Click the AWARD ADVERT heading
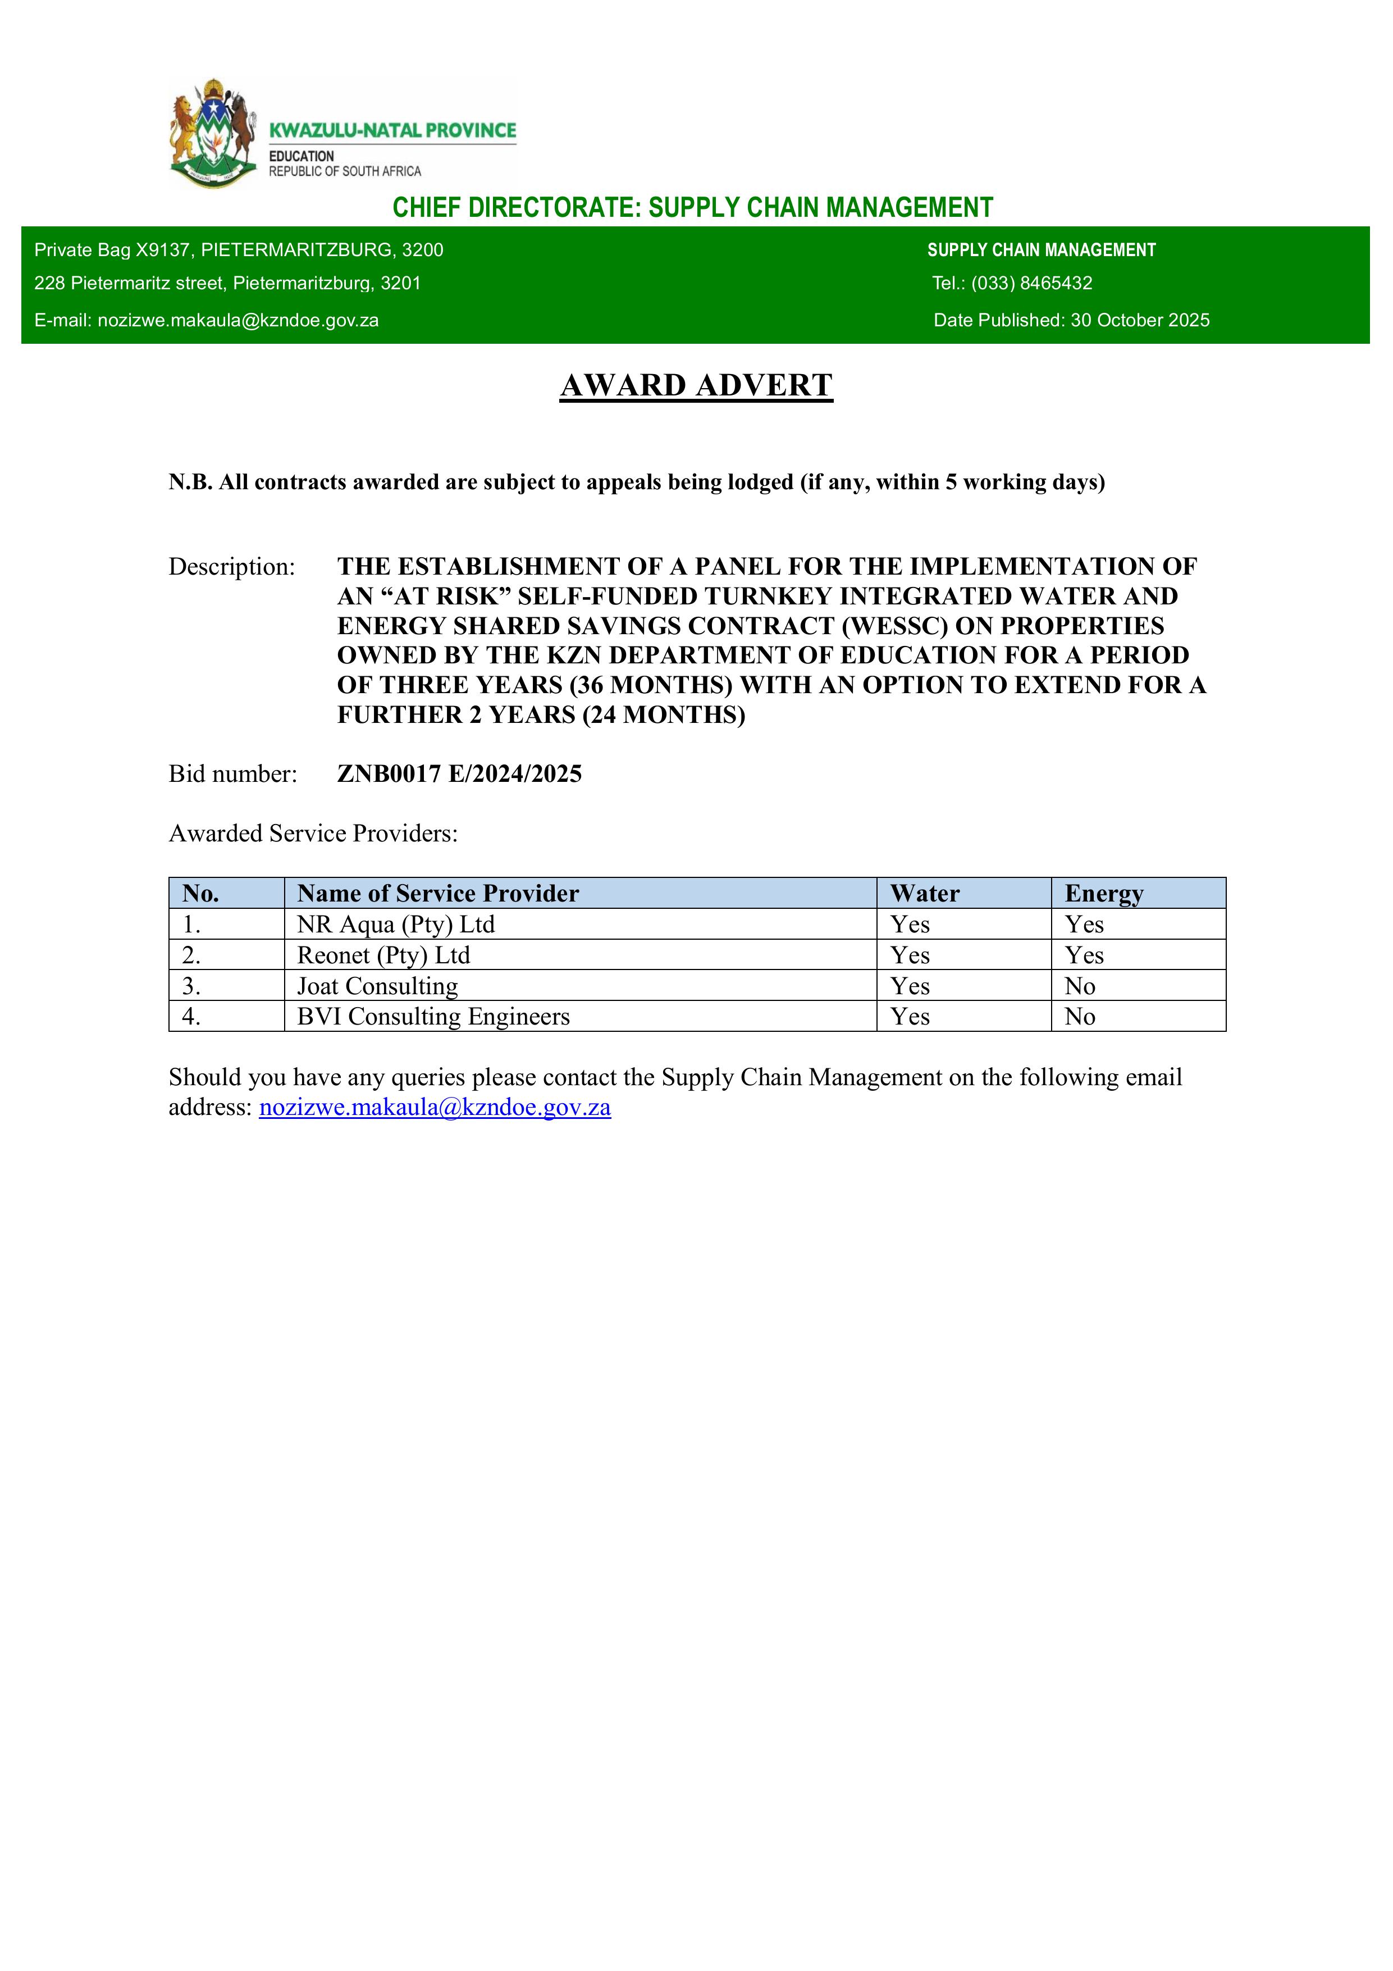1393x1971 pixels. point(696,385)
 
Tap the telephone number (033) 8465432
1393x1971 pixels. point(1031,283)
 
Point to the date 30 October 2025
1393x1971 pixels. point(1140,320)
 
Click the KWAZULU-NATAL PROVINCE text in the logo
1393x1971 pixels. point(392,130)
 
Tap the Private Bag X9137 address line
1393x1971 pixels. point(239,250)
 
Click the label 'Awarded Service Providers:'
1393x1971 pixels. point(313,834)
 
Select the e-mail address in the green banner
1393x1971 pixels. point(238,320)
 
